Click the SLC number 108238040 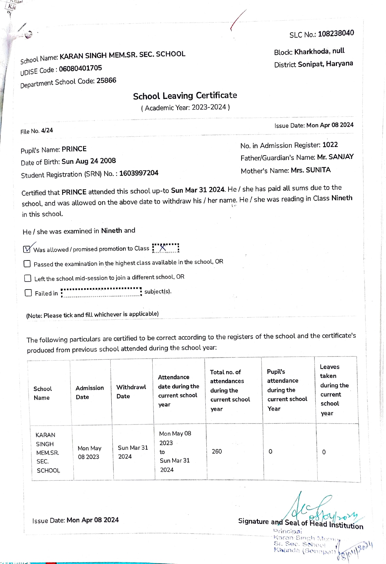pyautogui.click(x=336, y=33)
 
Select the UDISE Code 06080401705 pyautogui.click(x=80, y=69)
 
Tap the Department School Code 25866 pyautogui.click(x=106, y=81)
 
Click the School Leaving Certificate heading pyautogui.click(x=185, y=96)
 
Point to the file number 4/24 pyautogui.click(x=47, y=131)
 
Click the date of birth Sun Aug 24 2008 pyautogui.click(x=88, y=161)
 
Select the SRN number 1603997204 pyautogui.click(x=139, y=173)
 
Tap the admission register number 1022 pyautogui.click(x=330, y=145)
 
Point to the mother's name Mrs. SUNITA pyautogui.click(x=311, y=170)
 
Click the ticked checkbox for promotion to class pyautogui.click(x=27, y=249)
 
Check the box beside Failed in pyautogui.click(x=28, y=293)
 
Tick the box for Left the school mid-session pyautogui.click(x=28, y=278)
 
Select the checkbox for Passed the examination pyautogui.click(x=27, y=264)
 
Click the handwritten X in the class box pyautogui.click(x=163, y=248)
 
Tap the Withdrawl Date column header pyautogui.click(x=131, y=392)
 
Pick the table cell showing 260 pyautogui.click(x=217, y=452)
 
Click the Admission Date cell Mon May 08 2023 pyautogui.click(x=89, y=453)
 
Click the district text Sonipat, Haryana pyautogui.click(x=325, y=64)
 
